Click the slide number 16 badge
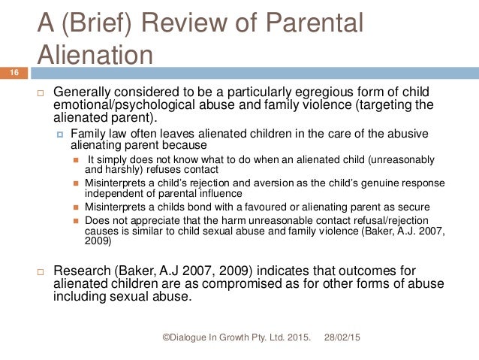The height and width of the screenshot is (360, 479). [14, 71]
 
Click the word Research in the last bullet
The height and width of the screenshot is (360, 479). [83, 269]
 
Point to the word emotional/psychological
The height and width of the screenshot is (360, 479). [122, 104]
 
